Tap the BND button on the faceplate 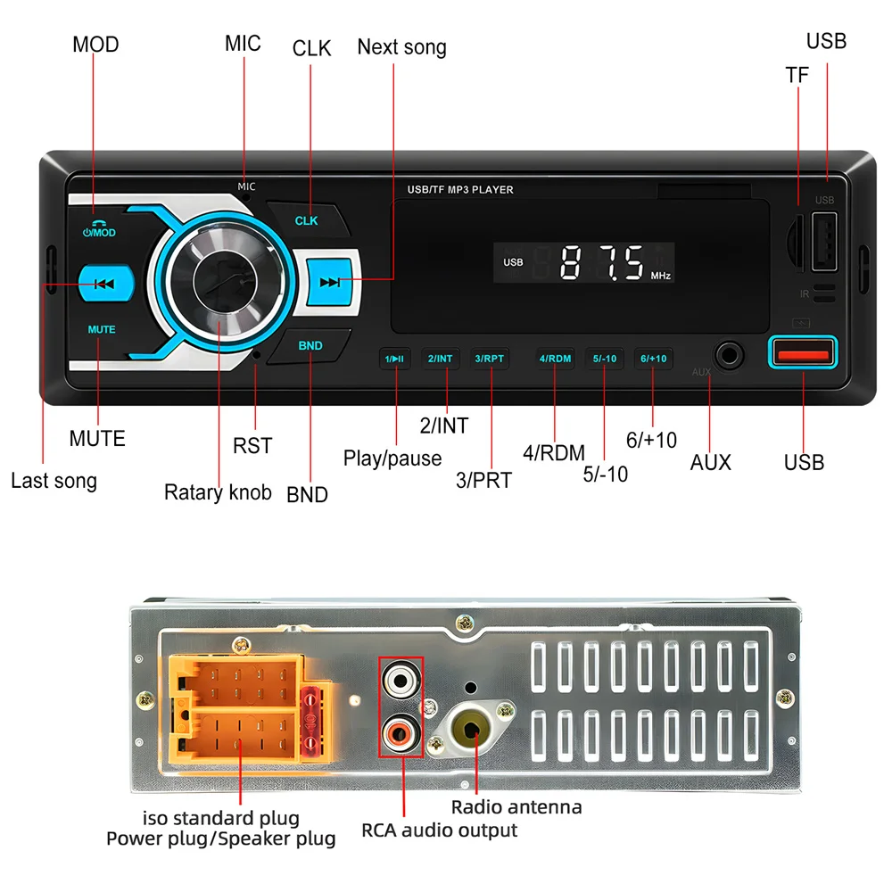click(310, 346)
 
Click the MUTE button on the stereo click(102, 329)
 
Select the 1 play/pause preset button click(394, 359)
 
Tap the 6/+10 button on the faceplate click(652, 359)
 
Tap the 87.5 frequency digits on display click(602, 263)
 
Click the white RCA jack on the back click(398, 683)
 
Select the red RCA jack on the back click(398, 733)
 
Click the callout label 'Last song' click(54, 482)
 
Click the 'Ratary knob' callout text click(218, 492)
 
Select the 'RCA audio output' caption click(439, 830)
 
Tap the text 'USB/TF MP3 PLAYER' click(459, 190)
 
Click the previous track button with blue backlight click(103, 285)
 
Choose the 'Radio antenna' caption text click(516, 807)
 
